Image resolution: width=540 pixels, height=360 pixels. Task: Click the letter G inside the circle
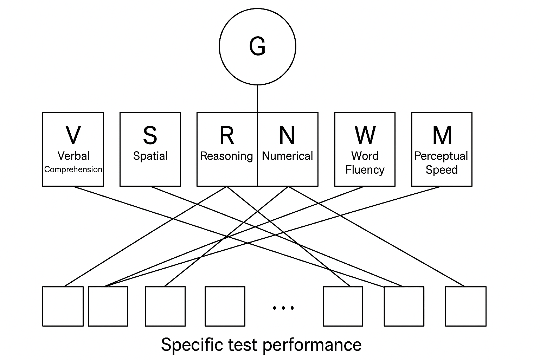click(257, 46)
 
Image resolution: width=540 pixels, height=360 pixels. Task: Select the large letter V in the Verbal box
click(73, 135)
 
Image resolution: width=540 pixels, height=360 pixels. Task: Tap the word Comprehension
click(73, 169)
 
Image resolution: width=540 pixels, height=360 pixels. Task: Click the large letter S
click(150, 135)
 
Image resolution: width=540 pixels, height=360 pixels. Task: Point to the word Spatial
click(150, 156)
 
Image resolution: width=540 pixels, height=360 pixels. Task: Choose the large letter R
click(227, 135)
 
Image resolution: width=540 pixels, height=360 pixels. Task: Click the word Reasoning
click(227, 156)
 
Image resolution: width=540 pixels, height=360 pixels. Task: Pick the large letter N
click(287, 135)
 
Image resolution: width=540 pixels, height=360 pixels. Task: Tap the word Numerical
click(287, 156)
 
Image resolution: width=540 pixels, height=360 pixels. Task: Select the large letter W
click(365, 135)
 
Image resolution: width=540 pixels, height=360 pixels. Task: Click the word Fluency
click(365, 170)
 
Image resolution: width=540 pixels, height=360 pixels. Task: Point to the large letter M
click(442, 135)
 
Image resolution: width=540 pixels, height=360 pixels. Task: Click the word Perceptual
click(441, 156)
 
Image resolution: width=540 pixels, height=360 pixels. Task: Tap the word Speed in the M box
click(442, 170)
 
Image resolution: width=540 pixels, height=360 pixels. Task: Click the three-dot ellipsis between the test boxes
click(283, 308)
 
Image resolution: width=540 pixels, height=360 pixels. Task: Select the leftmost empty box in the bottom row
click(63, 306)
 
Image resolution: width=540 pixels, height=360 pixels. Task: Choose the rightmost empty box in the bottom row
click(465, 306)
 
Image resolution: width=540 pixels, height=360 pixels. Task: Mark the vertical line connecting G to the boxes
click(257, 98)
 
